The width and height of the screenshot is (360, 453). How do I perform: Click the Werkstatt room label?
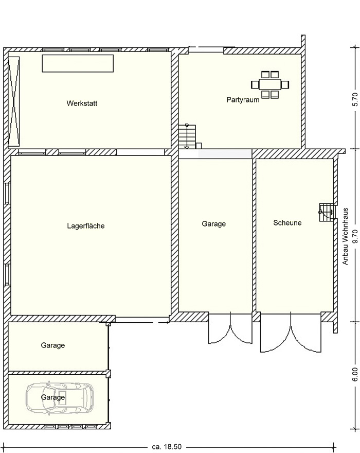tap(82, 103)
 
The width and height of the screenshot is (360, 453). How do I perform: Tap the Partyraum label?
tap(243, 100)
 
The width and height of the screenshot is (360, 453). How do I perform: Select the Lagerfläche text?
tap(86, 225)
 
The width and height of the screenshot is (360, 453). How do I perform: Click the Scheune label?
tap(287, 223)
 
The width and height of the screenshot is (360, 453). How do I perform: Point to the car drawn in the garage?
tap(60, 397)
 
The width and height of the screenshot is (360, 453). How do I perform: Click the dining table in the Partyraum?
tap(270, 84)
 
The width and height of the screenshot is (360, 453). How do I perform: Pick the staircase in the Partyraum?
tap(187, 136)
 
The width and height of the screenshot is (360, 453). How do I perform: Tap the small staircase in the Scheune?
tap(327, 212)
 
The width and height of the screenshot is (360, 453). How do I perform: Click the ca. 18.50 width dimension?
tap(167, 447)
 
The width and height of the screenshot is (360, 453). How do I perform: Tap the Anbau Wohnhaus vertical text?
tap(345, 236)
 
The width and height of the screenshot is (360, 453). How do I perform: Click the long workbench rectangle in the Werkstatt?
tap(78, 63)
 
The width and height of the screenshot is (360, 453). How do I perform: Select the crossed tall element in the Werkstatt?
tap(14, 101)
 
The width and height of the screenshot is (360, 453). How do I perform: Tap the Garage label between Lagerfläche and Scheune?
tap(213, 223)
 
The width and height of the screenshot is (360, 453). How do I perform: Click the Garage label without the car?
tap(53, 345)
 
